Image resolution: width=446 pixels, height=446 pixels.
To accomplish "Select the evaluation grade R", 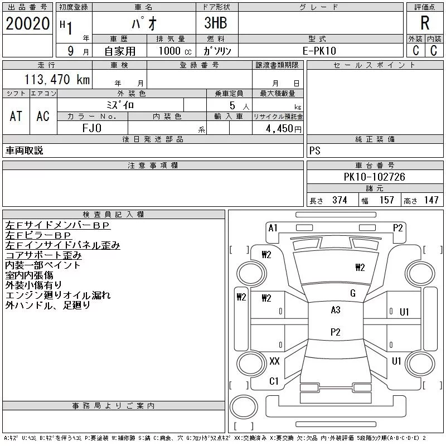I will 425,23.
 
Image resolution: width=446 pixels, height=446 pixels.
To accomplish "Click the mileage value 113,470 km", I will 56,80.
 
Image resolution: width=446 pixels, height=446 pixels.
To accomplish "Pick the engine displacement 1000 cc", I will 173,51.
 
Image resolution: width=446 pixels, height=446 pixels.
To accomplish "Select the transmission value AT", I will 16,116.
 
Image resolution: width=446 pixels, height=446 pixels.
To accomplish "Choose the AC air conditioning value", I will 43,116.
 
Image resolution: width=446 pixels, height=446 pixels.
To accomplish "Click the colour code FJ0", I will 92,128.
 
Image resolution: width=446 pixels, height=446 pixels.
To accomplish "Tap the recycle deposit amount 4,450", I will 278,129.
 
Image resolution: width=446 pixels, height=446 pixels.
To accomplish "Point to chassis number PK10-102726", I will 374,177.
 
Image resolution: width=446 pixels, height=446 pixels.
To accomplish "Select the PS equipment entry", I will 315,151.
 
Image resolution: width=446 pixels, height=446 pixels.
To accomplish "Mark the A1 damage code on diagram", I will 273,227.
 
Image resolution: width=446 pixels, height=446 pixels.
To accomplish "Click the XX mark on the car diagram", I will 274,361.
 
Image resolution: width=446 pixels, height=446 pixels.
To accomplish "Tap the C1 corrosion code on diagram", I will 274,381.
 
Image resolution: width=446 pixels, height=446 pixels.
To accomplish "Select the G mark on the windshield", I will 352,293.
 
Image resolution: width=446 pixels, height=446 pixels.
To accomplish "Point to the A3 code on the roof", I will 335,310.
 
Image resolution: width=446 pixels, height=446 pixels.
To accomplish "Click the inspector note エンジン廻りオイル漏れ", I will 58,295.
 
